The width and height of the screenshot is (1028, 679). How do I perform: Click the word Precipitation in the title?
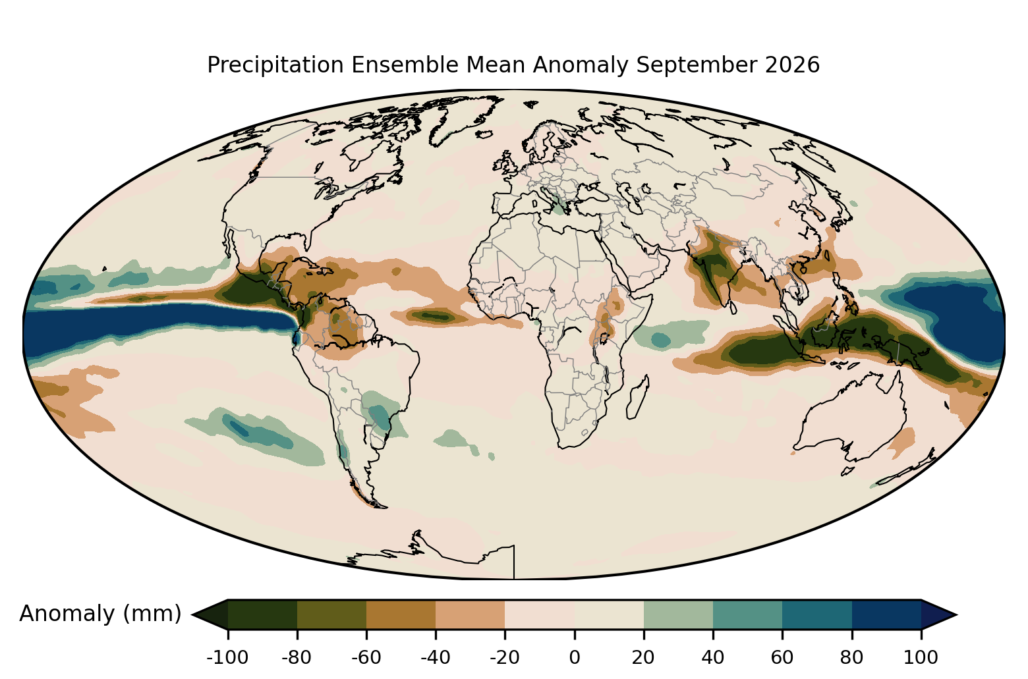275,65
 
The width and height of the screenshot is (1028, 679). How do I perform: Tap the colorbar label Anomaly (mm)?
101,613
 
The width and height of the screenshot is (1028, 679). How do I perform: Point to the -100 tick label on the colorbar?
227,657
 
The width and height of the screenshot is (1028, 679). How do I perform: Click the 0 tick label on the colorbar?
575,657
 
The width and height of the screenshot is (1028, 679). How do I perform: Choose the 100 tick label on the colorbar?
921,657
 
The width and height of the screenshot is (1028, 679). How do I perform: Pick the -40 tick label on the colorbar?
436,657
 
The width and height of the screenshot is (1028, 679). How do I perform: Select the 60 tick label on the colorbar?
782,657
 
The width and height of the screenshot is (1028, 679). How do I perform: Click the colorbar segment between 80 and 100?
887,614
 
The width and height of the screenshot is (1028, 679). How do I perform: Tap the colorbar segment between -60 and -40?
401,614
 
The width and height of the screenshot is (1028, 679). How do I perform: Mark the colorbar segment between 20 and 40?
678,614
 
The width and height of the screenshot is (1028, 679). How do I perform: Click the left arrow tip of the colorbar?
192,614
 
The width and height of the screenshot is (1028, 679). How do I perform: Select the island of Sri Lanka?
733,308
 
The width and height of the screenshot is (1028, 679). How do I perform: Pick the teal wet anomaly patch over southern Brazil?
380,415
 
